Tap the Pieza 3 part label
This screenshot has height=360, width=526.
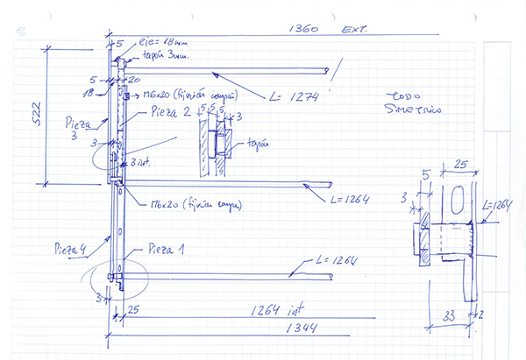pyautogui.click(x=78, y=126)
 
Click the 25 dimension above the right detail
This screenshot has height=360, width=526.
pyautogui.click(x=461, y=166)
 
